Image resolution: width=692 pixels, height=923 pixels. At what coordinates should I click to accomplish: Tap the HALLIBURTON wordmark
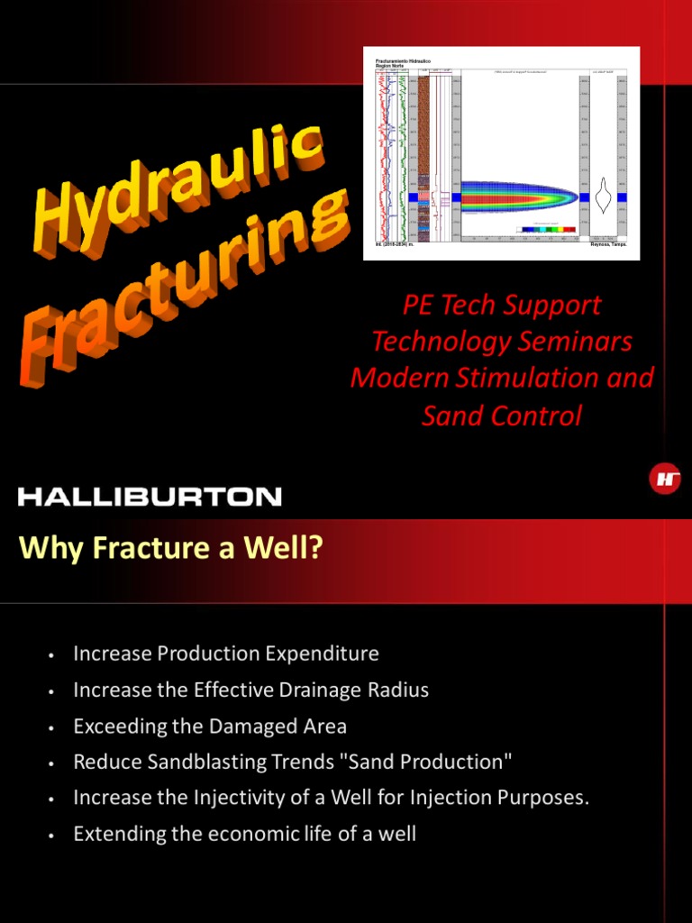pyautogui.click(x=150, y=496)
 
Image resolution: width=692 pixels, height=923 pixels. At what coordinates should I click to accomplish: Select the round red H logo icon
pyautogui.click(x=665, y=479)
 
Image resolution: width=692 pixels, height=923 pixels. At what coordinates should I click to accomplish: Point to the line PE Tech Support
pyautogui.click(x=502, y=305)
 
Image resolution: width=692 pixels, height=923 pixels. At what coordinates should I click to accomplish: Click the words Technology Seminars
pyautogui.click(x=502, y=342)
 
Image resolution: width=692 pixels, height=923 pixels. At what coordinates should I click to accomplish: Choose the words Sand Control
pyautogui.click(x=502, y=416)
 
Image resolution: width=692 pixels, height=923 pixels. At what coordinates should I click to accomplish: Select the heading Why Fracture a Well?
pyautogui.click(x=170, y=547)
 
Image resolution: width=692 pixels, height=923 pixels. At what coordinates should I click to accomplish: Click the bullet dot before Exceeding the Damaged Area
pyautogui.click(x=53, y=727)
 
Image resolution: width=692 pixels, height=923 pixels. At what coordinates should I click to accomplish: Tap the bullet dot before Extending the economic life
pyautogui.click(x=53, y=836)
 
